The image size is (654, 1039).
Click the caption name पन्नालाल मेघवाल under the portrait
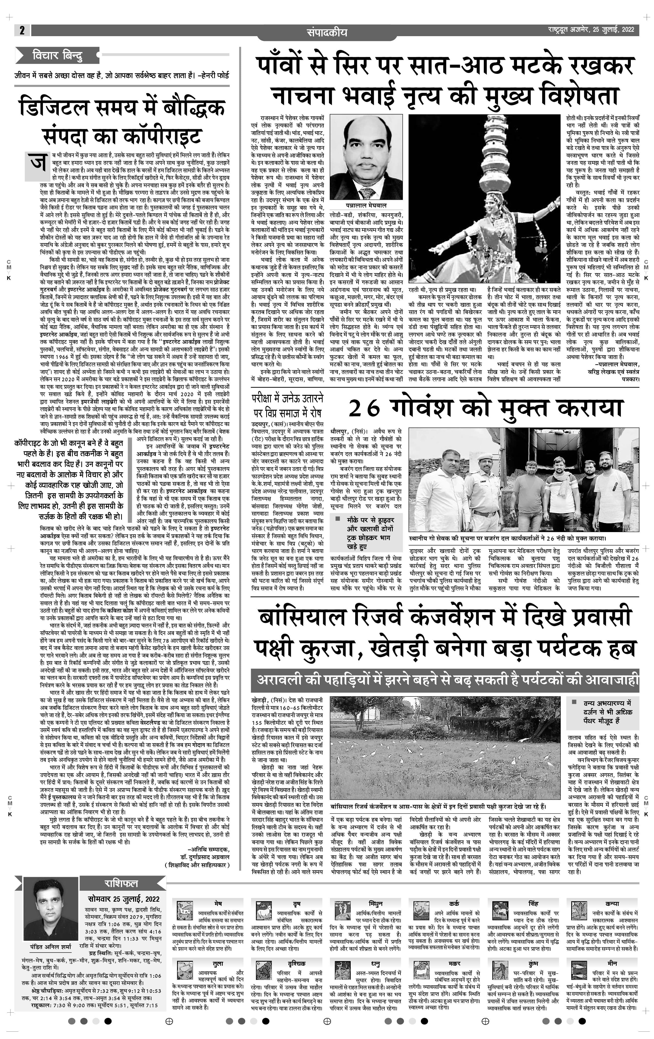point(366,206)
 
